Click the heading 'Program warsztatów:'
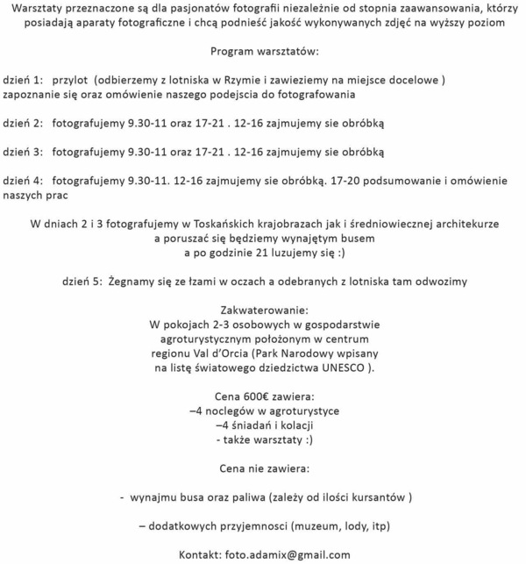(x=263, y=50)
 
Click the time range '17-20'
(x=345, y=181)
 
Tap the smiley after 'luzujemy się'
(x=336, y=253)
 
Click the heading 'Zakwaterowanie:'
(x=263, y=311)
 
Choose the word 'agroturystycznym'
(x=211, y=339)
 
